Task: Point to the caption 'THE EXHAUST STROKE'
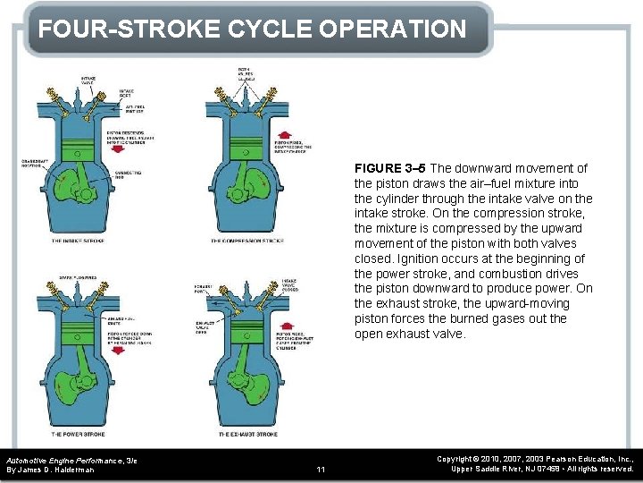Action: tap(247, 434)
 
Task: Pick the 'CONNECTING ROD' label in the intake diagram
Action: tap(129, 174)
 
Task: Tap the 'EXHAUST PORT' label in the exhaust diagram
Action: tap(204, 290)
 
